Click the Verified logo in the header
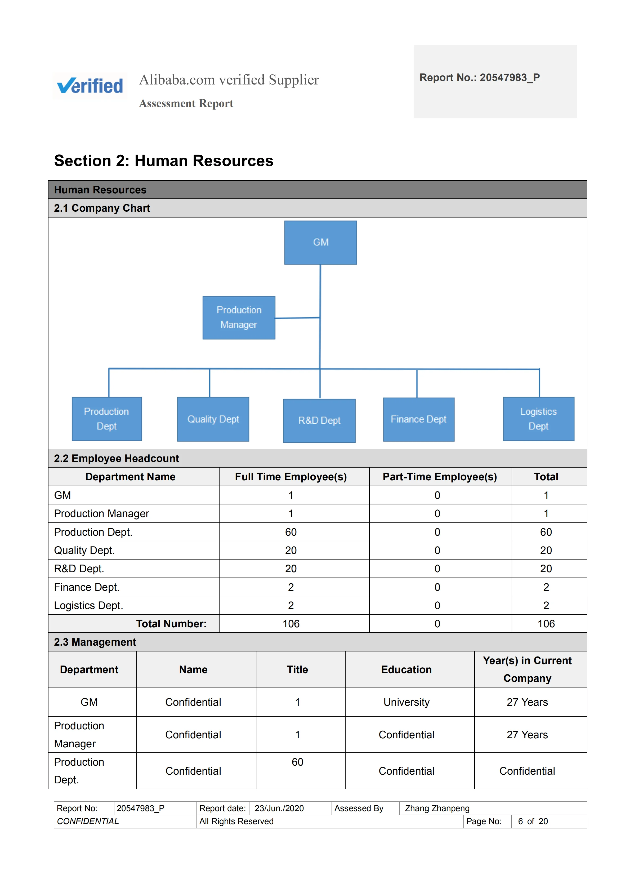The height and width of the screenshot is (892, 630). click(x=90, y=86)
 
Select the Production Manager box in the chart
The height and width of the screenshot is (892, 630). click(x=239, y=317)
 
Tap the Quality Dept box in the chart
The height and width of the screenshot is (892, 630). click(x=213, y=419)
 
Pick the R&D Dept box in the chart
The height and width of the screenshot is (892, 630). click(x=319, y=420)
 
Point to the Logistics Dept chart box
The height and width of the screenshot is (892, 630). click(x=538, y=419)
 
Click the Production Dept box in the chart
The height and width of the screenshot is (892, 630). click(x=107, y=419)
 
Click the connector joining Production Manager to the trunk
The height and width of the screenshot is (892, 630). click(x=297, y=318)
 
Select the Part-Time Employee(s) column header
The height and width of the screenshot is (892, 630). click(x=440, y=477)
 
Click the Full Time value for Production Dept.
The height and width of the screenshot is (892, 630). click(x=291, y=532)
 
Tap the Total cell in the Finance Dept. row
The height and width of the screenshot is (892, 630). click(x=546, y=587)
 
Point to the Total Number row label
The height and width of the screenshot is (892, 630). click(x=171, y=624)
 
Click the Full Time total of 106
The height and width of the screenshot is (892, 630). click(x=291, y=624)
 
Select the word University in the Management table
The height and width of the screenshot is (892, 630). click(x=407, y=702)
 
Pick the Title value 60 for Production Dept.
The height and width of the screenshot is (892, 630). click(x=297, y=762)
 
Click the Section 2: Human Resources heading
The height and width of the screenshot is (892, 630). click(x=163, y=161)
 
